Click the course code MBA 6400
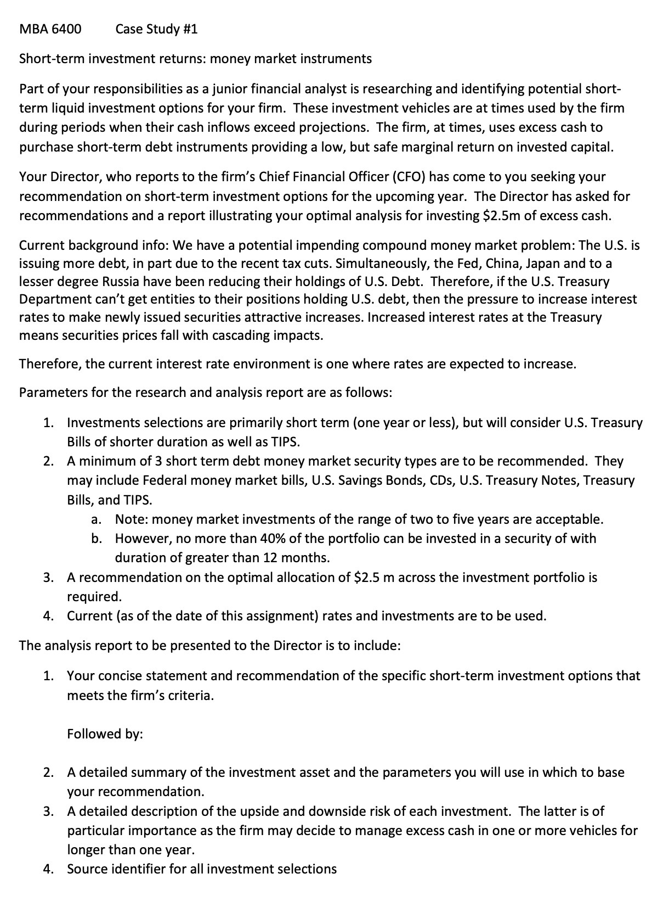(x=50, y=29)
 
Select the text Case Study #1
(x=156, y=29)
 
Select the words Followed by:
(x=105, y=734)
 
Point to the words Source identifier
(x=117, y=869)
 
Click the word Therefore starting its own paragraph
(x=49, y=364)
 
